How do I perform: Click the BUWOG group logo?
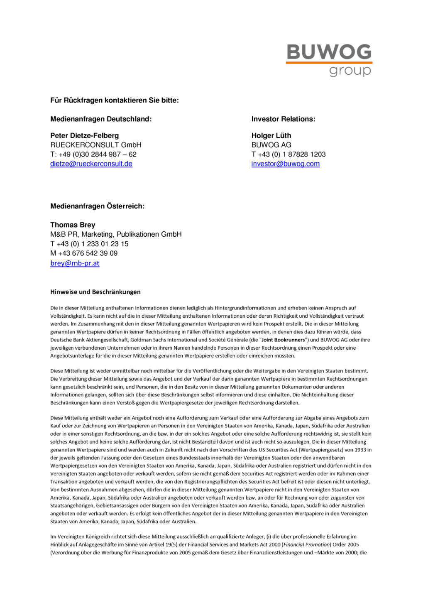pos(329,60)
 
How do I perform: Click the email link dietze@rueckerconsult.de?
pos(91,164)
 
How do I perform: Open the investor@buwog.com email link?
pos(285,164)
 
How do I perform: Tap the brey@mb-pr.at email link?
pos(75,263)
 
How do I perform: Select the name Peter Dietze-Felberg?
pos(84,135)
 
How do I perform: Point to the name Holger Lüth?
pos(271,135)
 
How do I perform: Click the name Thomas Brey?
pos(73,225)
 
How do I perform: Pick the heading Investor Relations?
pos(283,119)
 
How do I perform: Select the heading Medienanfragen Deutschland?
pos(101,119)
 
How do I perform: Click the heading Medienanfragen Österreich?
pos(97,206)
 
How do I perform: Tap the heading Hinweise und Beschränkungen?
pos(95,292)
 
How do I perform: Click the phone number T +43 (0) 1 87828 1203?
pos(288,154)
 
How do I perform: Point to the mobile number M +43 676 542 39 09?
pos(84,253)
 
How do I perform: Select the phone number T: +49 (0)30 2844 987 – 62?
pos(93,154)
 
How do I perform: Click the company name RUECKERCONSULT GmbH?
pos(96,145)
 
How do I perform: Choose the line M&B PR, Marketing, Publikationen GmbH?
pos(116,234)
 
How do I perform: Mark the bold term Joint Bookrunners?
pos(283,340)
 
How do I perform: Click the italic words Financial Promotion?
pos(306,544)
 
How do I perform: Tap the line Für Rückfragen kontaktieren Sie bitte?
pos(115,100)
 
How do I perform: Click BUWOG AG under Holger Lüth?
pos(271,145)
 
